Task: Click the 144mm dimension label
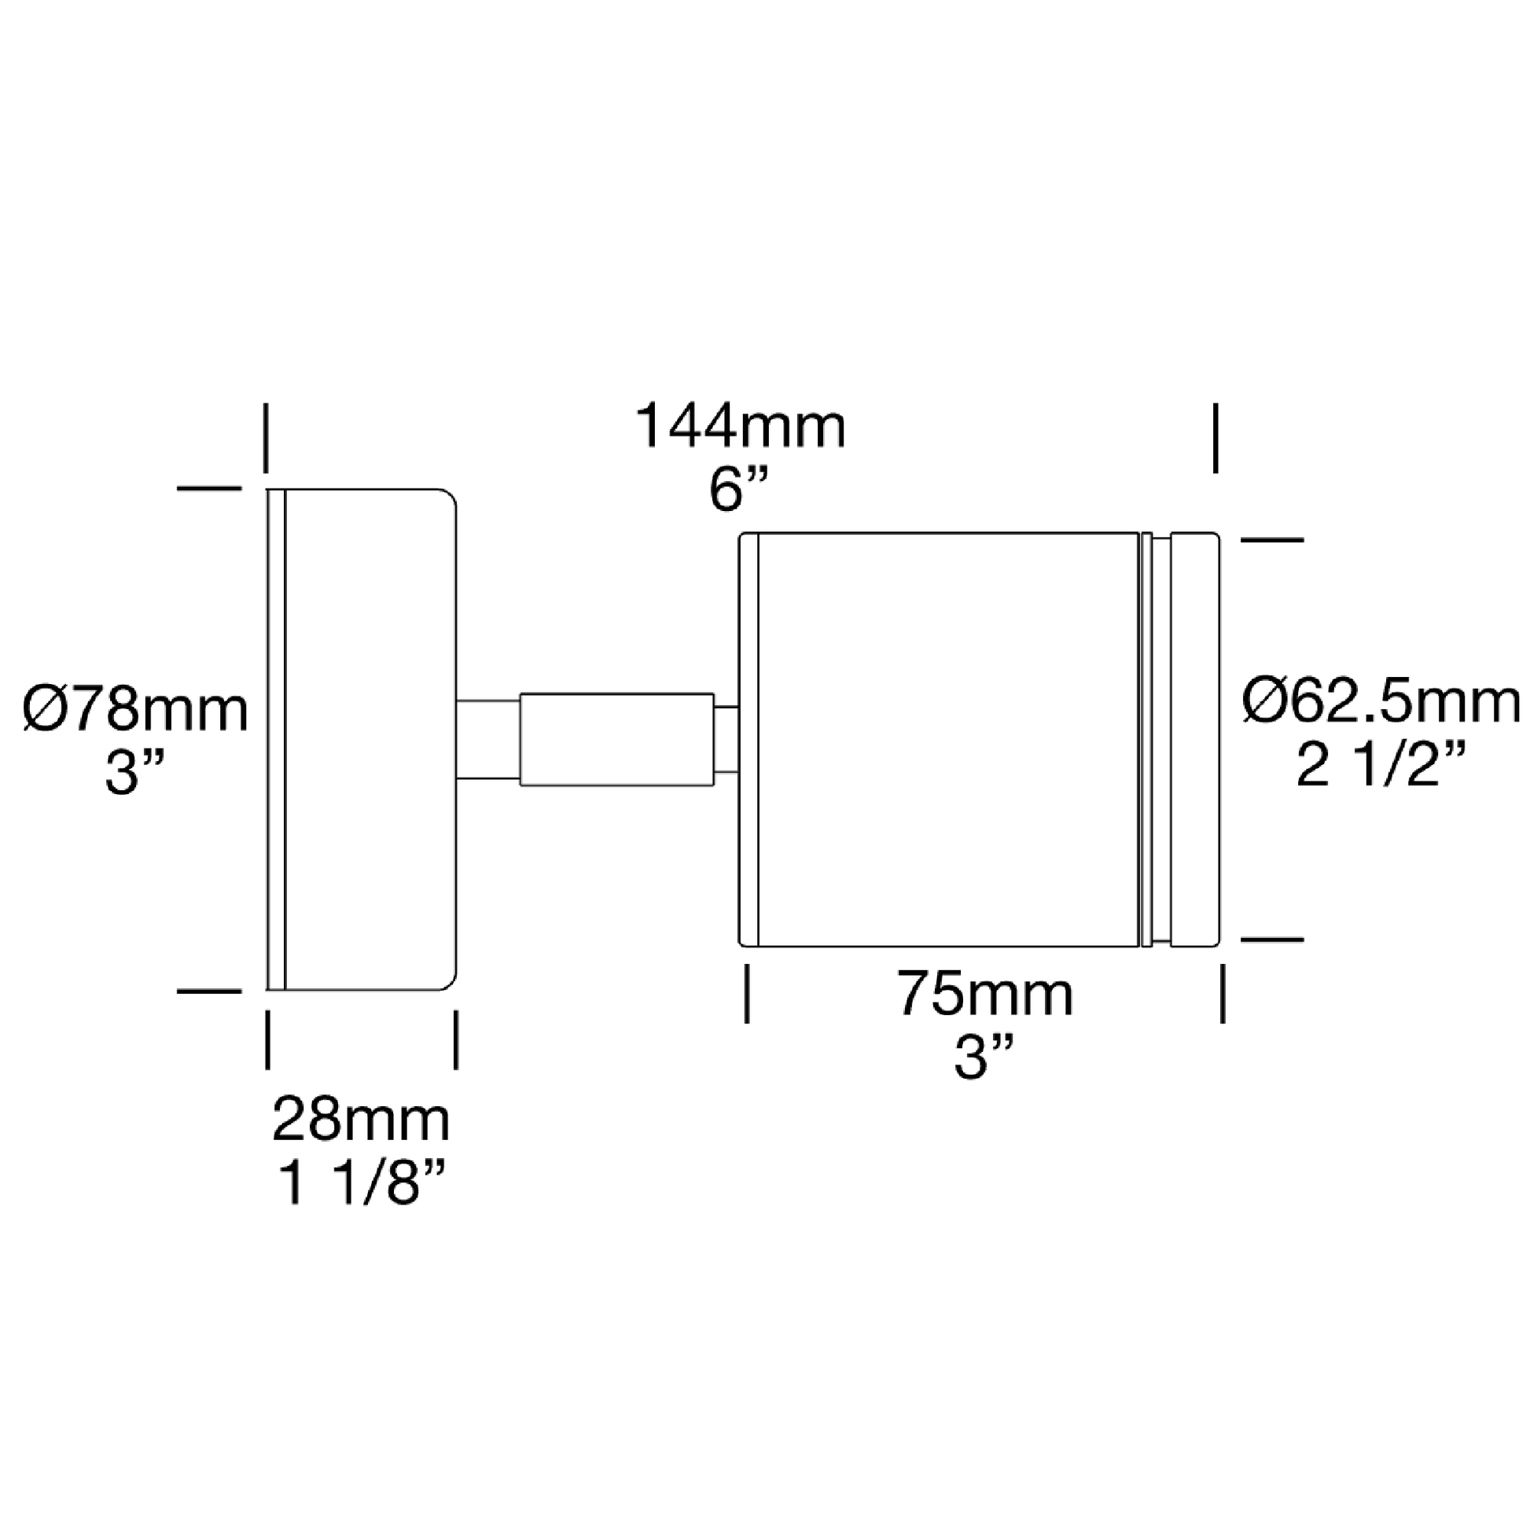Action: pos(741,426)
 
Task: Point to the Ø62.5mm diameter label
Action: pos(1381,701)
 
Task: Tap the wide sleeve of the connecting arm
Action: pos(617,740)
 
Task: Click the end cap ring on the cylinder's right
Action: pos(1195,739)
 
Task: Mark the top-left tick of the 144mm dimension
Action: pos(267,438)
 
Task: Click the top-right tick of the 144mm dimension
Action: pos(1216,438)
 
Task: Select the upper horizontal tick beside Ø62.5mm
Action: pos(1271,539)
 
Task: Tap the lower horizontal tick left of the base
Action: pos(209,991)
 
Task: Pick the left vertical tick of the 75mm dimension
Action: pos(747,992)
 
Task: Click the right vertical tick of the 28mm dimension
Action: pos(455,1040)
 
